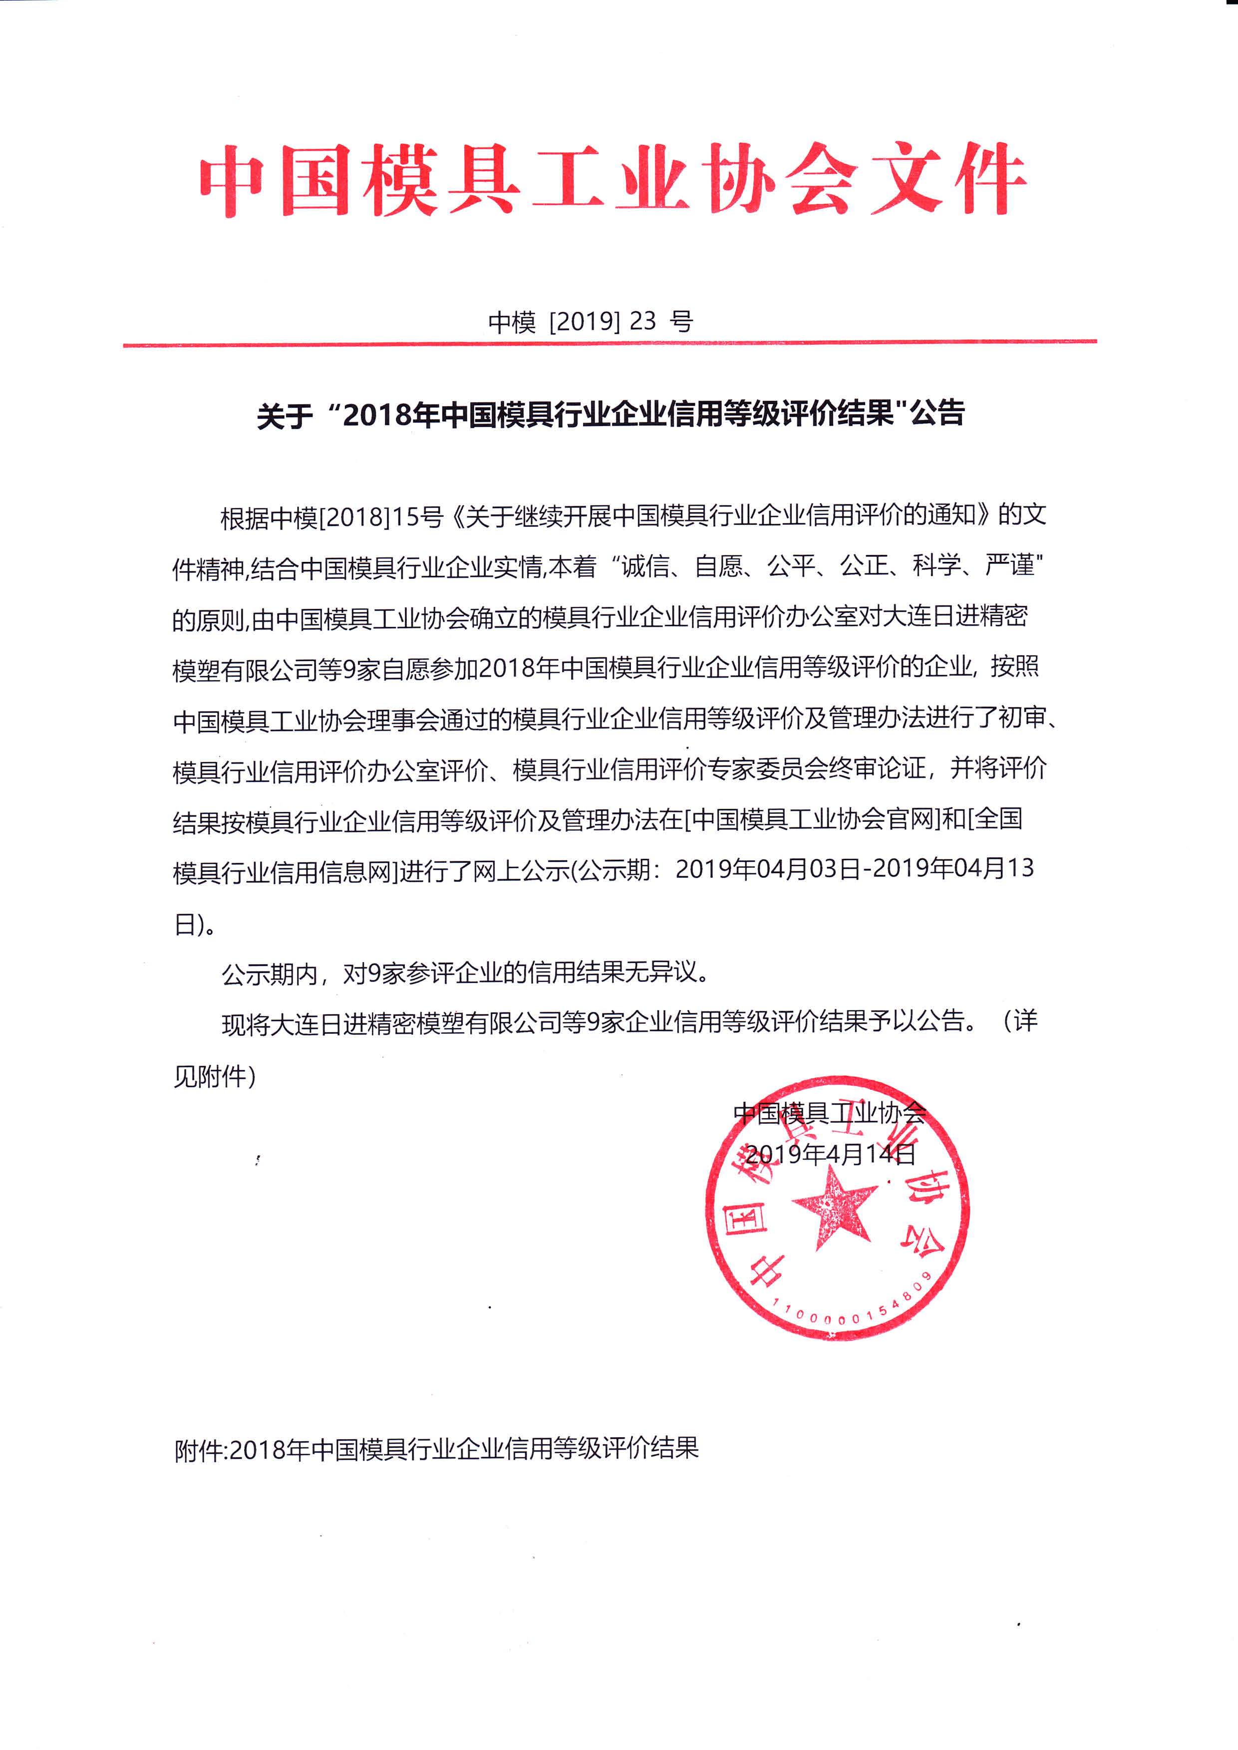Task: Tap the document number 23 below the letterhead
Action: click(x=642, y=321)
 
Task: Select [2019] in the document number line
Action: click(x=584, y=321)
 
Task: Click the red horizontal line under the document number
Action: click(x=610, y=344)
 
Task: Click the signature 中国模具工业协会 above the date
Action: click(x=829, y=1114)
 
